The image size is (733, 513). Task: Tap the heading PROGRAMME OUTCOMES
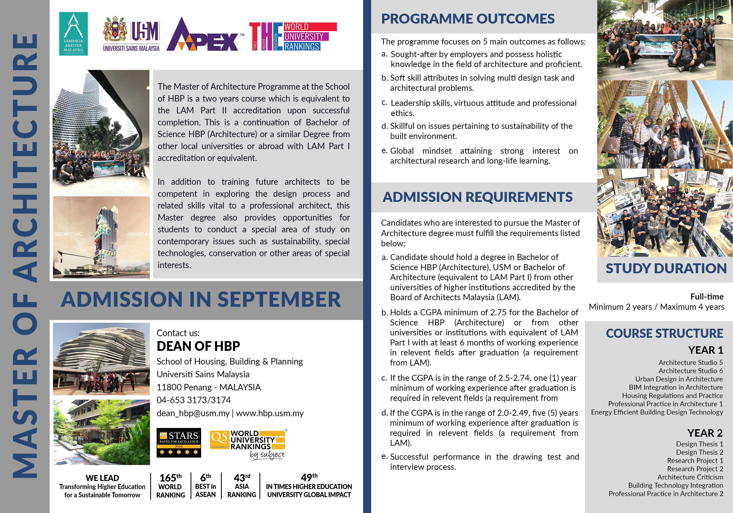468,19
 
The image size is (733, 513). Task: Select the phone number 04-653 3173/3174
193,400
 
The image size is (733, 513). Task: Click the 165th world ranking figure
170,478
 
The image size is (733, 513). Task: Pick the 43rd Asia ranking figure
242,478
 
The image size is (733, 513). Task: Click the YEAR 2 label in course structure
705,433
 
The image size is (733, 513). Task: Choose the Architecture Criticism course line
690,477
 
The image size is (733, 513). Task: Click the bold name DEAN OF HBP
198,346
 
